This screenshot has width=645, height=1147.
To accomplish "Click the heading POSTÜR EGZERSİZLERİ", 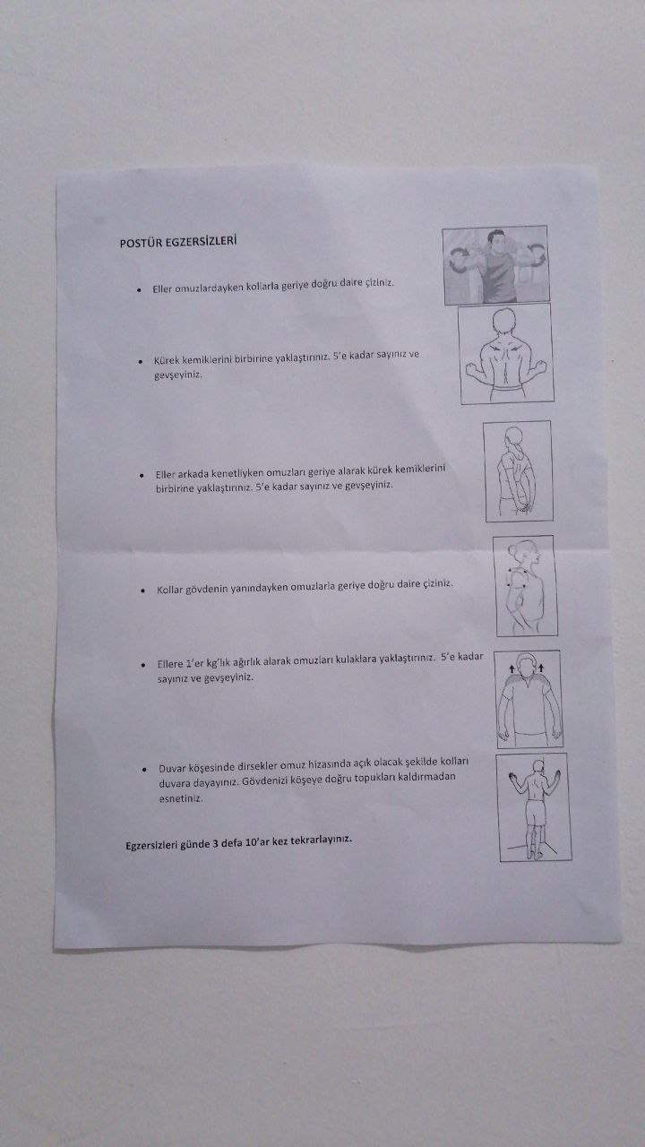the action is (178, 241).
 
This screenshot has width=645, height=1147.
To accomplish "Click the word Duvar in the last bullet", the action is (172, 768).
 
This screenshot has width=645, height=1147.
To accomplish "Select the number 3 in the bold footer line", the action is (216, 843).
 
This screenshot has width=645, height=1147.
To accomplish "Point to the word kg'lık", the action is (218, 663).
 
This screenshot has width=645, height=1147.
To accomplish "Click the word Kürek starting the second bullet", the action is (167, 360).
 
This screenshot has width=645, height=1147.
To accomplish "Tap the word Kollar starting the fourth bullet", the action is (170, 590).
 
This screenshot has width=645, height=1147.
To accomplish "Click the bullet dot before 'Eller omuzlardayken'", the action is (139, 290).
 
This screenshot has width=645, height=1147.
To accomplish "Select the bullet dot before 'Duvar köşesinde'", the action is (145, 769).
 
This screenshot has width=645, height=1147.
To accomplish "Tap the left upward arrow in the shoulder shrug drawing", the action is (512, 668).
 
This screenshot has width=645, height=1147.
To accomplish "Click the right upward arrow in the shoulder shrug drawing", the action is (541, 668).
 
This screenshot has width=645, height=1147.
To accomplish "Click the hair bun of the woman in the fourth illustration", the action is (512, 550).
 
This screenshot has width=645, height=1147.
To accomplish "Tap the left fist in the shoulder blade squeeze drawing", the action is (471, 370).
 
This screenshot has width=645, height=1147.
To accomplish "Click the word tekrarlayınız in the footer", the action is (321, 841).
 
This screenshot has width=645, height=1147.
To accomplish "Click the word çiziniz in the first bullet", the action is (379, 282).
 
